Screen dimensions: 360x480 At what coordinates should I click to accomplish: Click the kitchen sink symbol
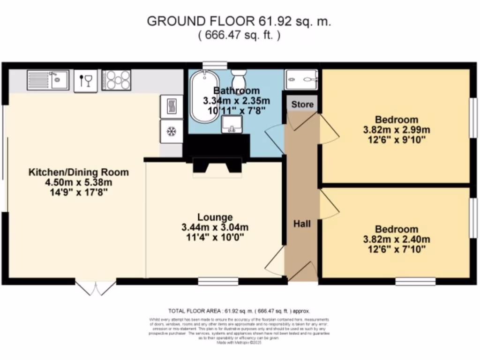click(x=48, y=80)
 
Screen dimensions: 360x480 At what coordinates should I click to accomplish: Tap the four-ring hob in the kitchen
click(x=116, y=80)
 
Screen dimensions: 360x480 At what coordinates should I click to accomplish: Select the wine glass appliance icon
click(x=86, y=81)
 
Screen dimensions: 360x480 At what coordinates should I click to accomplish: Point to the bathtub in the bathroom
click(x=203, y=97)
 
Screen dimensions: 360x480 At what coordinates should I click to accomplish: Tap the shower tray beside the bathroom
click(x=301, y=80)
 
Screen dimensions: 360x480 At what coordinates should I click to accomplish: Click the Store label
click(x=302, y=104)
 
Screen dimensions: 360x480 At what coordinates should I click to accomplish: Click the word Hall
click(x=302, y=224)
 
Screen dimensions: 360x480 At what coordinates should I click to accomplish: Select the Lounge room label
click(x=215, y=217)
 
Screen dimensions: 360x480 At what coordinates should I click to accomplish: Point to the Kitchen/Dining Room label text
click(x=79, y=172)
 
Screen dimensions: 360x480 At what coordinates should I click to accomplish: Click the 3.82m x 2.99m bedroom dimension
click(x=397, y=130)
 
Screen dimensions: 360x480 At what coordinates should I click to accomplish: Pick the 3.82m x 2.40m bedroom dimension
click(x=397, y=240)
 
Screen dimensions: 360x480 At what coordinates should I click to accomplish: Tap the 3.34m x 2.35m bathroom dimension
click(x=236, y=101)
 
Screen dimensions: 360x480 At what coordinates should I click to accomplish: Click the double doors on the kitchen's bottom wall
click(x=96, y=287)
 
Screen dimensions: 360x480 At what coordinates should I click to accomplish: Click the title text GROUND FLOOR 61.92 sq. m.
click(x=240, y=22)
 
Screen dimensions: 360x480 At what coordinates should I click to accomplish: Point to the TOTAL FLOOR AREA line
click(x=239, y=311)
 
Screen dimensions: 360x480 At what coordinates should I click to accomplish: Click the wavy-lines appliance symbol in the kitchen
click(x=171, y=106)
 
